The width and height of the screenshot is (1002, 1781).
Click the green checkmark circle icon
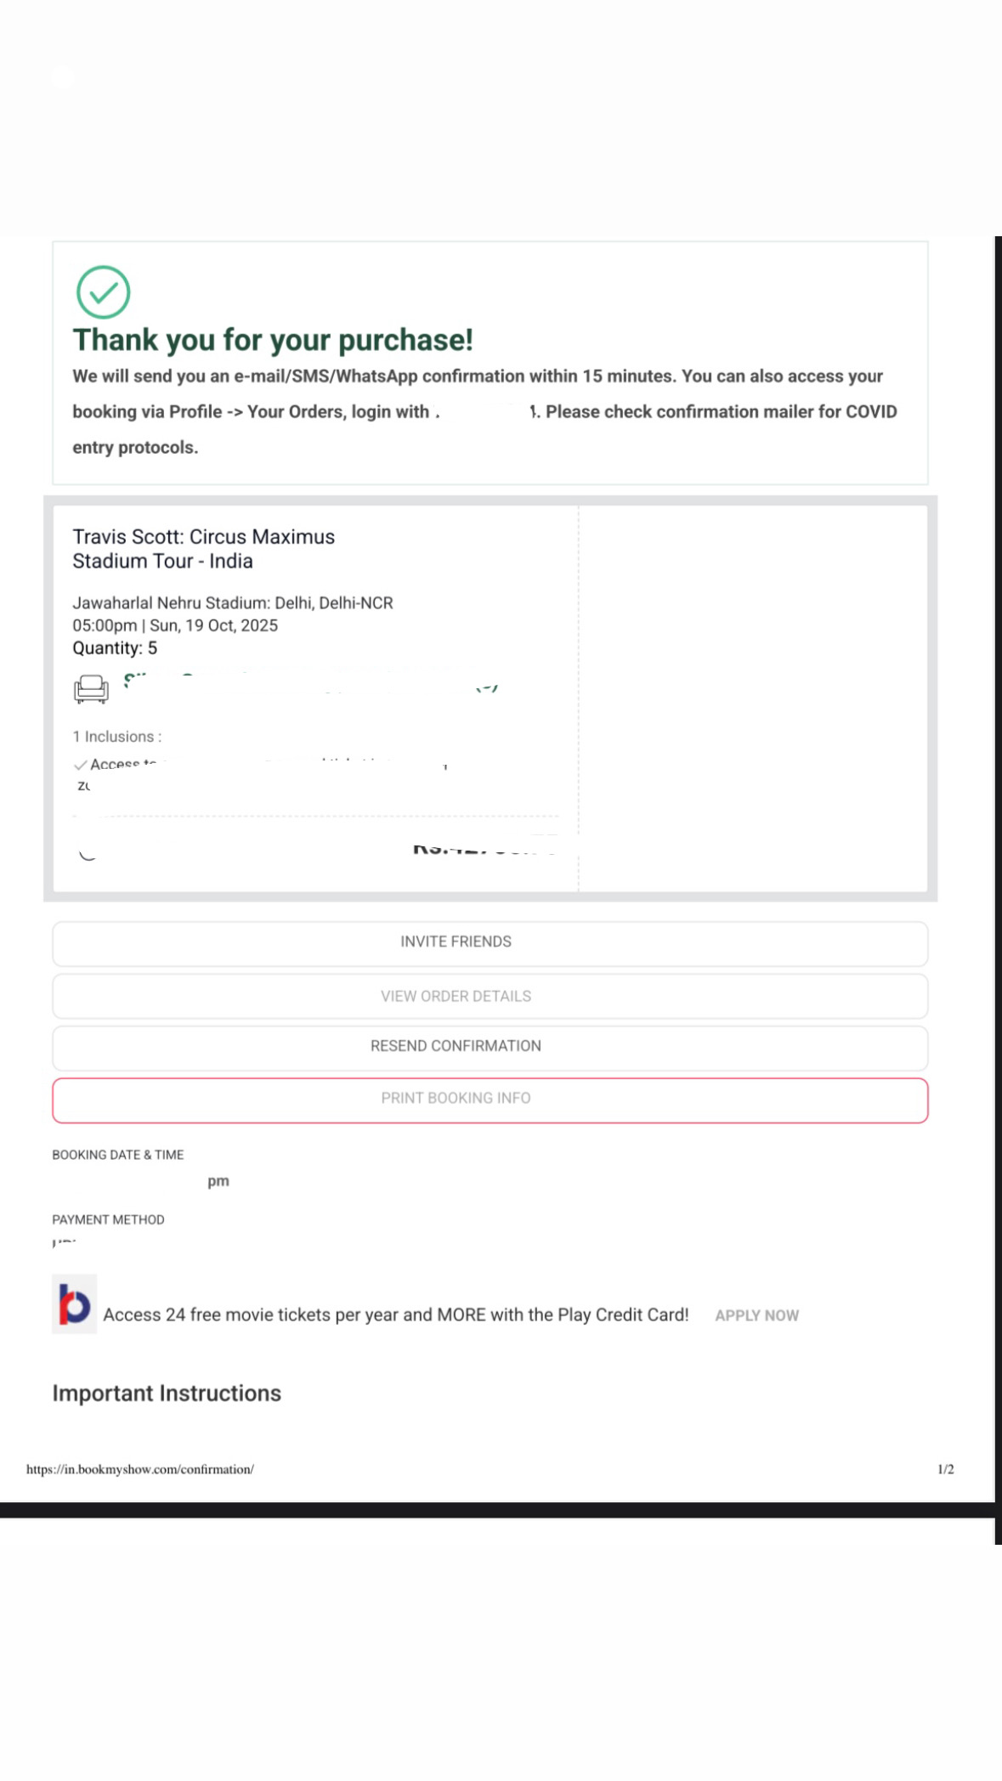pos(103,292)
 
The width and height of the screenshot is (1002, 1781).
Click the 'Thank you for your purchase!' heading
pos(272,340)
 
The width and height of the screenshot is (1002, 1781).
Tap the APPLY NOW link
pos(756,1315)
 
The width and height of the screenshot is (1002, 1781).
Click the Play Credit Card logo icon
pos(74,1304)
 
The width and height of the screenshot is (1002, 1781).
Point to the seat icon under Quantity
pos(91,688)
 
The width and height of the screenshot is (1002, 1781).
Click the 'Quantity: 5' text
pos(115,648)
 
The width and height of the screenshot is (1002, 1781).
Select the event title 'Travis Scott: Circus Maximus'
pos(203,537)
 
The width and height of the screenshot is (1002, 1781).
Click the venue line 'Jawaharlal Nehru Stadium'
pos(232,603)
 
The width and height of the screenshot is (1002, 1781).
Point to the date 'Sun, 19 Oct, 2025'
pos(214,625)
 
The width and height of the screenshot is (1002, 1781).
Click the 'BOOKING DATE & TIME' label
pos(117,1155)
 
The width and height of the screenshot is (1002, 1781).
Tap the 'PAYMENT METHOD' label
pos(108,1219)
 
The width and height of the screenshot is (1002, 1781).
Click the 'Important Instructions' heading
pos(167,1394)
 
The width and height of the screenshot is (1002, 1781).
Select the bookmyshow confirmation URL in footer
pos(140,1469)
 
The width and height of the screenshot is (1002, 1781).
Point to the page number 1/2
pos(945,1469)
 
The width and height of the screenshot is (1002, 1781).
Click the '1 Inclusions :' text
pos(116,737)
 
